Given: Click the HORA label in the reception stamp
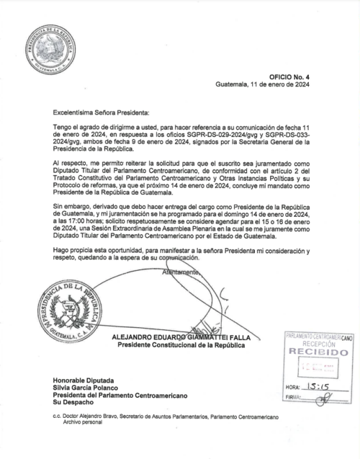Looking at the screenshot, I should tap(294, 388).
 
